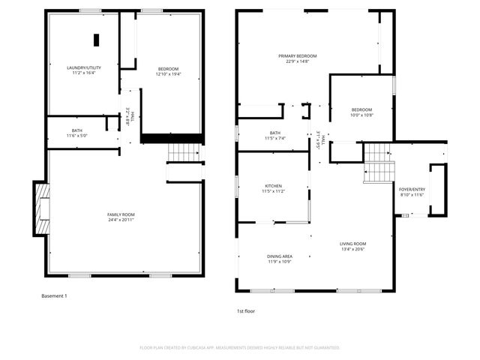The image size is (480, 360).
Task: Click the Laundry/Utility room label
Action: click(84, 68)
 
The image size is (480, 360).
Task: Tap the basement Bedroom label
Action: click(167, 68)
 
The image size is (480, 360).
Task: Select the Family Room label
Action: click(120, 214)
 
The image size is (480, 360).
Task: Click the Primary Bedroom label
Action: click(298, 56)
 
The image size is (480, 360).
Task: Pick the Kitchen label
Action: click(273, 186)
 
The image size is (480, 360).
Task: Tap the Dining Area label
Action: click(280, 256)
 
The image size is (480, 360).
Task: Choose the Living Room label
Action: click(352, 244)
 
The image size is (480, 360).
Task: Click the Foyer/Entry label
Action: click(412, 189)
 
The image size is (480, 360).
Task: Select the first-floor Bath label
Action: click(275, 133)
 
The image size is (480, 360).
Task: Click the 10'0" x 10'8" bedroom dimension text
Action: click(361, 115)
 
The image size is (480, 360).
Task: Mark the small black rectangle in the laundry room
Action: click(96, 40)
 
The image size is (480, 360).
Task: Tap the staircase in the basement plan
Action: click(181, 153)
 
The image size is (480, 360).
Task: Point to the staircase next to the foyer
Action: click(378, 163)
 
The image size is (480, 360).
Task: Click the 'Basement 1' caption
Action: click(54, 296)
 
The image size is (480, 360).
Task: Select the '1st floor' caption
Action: click(246, 310)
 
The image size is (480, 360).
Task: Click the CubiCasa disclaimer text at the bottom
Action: click(240, 348)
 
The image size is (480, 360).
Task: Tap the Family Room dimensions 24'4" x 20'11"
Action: click(120, 220)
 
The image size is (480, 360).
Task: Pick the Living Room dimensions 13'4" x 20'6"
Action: click(352, 249)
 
